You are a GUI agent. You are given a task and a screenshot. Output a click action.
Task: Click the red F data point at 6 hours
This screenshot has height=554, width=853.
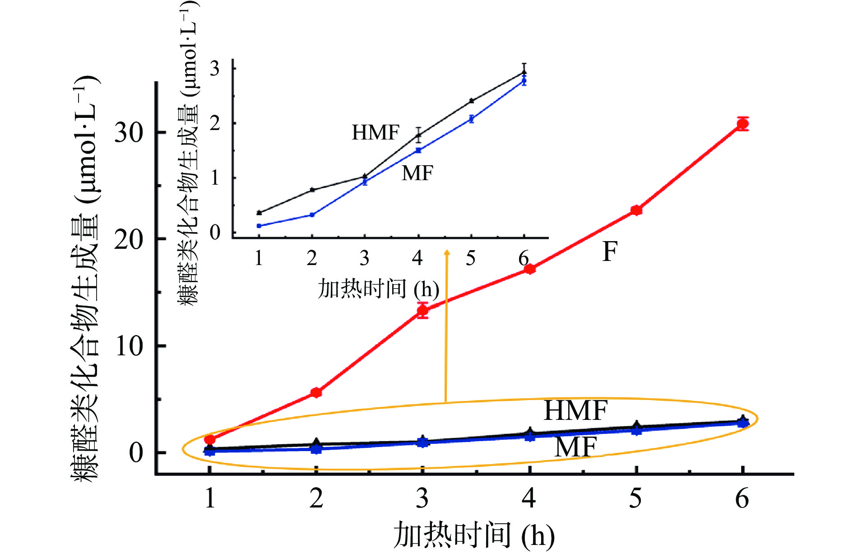742,124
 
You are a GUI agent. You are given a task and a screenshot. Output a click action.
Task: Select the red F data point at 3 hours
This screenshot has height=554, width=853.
422,310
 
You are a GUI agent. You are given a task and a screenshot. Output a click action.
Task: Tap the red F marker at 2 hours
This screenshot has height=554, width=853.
316,392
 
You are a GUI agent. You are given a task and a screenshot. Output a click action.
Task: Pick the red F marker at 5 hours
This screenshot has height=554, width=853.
636,210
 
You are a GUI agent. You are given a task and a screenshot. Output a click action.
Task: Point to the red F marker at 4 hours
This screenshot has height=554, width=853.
530,269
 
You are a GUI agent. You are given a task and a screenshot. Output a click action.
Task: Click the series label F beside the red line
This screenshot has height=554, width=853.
610,251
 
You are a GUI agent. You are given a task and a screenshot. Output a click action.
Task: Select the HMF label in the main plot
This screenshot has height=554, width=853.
575,410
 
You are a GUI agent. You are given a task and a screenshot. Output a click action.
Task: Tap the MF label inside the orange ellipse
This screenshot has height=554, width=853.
575,447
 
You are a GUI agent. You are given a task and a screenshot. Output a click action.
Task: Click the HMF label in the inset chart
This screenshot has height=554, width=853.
376,133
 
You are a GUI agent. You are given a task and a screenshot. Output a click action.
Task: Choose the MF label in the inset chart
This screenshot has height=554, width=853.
417,173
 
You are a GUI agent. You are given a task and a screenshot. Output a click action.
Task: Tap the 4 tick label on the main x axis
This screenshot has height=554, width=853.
529,498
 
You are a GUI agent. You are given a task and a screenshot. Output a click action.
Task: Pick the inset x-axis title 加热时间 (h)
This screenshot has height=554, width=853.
378,289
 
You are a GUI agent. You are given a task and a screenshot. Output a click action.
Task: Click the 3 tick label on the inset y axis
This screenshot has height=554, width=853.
215,69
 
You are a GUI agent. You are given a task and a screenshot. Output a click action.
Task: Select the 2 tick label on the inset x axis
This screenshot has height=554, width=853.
312,258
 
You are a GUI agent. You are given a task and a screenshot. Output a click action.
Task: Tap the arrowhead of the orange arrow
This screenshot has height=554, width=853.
447,253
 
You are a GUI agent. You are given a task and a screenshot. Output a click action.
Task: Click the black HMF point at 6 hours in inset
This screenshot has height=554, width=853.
524,72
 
